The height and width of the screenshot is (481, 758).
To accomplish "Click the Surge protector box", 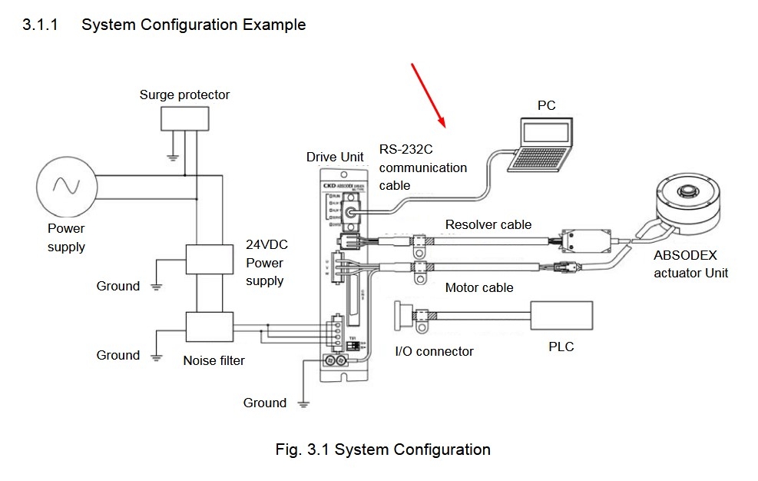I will pos(185,118).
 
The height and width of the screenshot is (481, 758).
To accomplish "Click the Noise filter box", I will pos(210,327).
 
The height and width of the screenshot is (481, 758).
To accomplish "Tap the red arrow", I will pos(428,93).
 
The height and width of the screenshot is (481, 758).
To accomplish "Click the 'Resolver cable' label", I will pos(488,225).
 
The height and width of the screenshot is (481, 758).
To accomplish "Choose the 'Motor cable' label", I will pos(479,288).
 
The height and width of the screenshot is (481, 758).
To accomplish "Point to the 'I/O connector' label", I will pos(434,351).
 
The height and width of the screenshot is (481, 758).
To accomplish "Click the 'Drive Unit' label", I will pos(335,158).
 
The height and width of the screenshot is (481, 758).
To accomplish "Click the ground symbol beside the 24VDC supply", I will pos(156,287).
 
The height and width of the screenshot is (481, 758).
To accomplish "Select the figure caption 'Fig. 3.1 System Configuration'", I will pos(382,449).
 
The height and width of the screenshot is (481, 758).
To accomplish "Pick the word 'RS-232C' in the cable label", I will pos(405,149).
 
